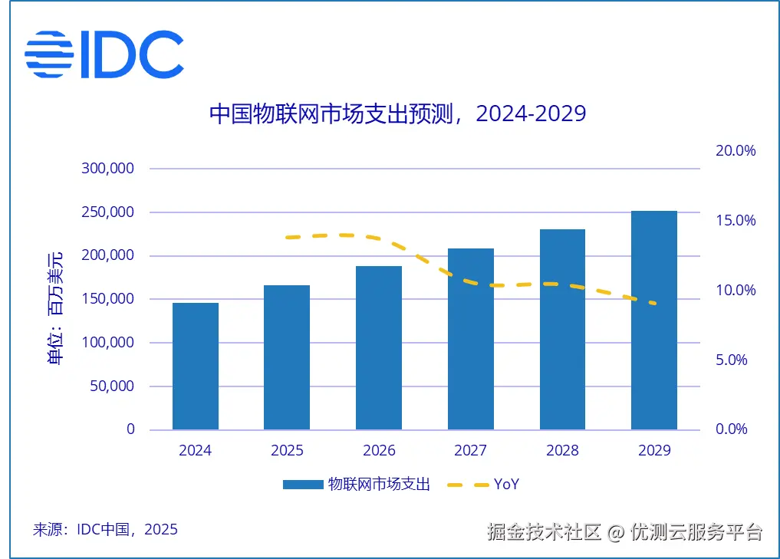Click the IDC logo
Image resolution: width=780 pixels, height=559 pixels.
(104, 54)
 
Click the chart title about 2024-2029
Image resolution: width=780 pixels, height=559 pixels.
(397, 113)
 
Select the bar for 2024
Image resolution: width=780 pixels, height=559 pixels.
(196, 366)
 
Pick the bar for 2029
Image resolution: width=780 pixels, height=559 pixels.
(654, 320)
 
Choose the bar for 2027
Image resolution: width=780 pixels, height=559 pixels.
(471, 339)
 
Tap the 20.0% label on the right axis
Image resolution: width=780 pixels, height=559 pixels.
(736, 151)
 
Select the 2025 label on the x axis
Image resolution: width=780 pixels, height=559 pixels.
(287, 451)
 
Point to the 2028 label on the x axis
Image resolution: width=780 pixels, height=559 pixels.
(562, 451)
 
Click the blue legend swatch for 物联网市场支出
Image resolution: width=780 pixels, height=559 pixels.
(302, 485)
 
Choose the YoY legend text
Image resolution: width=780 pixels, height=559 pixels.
(507, 485)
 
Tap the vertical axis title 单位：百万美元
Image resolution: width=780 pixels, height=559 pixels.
(56, 307)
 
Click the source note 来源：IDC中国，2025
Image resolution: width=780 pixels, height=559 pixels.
(105, 529)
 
